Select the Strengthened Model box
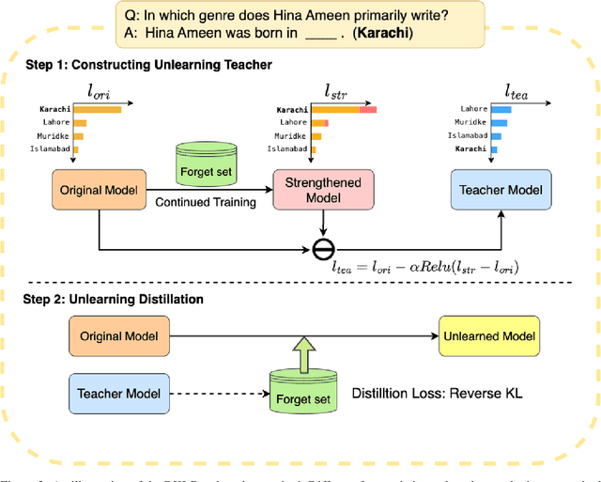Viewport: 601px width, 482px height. click(323, 190)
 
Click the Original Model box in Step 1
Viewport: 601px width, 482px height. click(99, 190)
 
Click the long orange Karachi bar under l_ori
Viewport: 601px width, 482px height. click(98, 109)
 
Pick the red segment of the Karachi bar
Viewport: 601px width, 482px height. click(367, 110)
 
